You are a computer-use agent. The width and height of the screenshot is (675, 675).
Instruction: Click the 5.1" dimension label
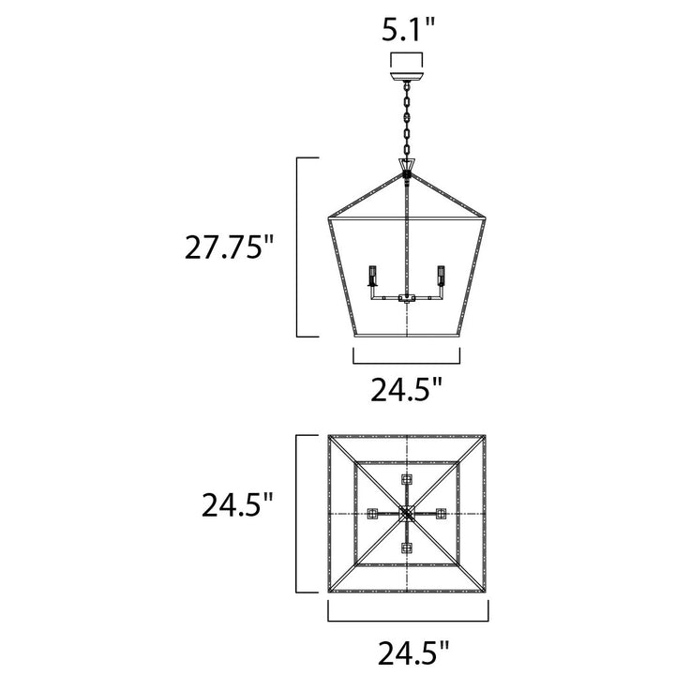(x=408, y=31)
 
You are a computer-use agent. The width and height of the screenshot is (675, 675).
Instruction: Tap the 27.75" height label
(x=229, y=247)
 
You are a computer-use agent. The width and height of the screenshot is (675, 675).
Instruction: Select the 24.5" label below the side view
(x=407, y=389)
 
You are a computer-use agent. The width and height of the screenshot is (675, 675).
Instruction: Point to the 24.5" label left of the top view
(x=237, y=504)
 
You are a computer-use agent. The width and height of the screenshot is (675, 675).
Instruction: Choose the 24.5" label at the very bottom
(x=413, y=653)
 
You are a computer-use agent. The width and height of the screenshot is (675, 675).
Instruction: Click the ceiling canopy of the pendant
(x=407, y=78)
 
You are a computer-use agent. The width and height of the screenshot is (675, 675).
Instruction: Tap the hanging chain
(x=407, y=120)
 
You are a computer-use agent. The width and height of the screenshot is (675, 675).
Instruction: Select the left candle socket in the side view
(x=373, y=276)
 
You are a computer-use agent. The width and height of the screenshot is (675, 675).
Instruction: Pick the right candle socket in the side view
(x=441, y=276)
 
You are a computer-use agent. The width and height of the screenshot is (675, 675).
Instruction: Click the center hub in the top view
(x=407, y=514)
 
